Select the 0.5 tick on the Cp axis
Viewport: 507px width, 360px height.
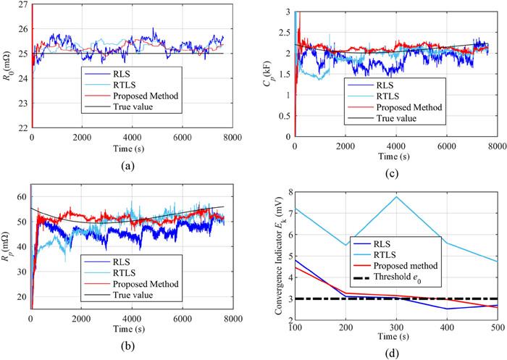(285, 115)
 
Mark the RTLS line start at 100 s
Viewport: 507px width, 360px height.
(296, 208)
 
